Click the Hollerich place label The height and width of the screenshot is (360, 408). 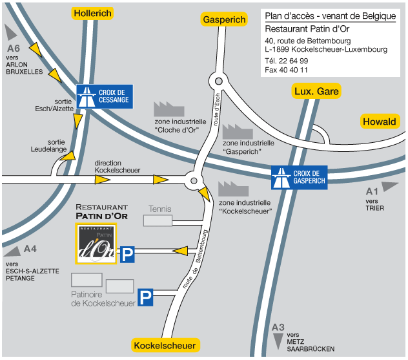pyautogui.click(x=93, y=13)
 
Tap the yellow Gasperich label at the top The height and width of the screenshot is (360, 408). pyautogui.click(x=224, y=19)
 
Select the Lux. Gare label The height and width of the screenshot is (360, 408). pyautogui.click(x=316, y=90)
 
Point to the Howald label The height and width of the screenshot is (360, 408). pyautogui.click(x=379, y=122)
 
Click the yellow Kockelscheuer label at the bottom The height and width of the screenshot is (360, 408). pyautogui.click(x=165, y=346)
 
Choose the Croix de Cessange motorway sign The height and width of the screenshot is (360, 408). pyautogui.click(x=105, y=96)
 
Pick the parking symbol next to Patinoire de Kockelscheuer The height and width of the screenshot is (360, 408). pyautogui.click(x=147, y=297)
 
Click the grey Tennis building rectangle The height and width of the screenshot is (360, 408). pyautogui.click(x=158, y=221)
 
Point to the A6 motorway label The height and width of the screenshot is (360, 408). pyautogui.click(x=14, y=48)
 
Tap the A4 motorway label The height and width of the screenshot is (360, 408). pyautogui.click(x=30, y=249)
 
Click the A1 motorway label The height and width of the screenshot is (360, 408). pyautogui.click(x=372, y=191)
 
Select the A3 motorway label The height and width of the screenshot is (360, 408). pyautogui.click(x=278, y=327)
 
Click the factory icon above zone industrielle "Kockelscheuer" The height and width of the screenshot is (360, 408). pyautogui.click(x=233, y=189)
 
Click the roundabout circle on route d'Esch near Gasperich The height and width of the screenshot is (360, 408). pyautogui.click(x=218, y=82)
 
